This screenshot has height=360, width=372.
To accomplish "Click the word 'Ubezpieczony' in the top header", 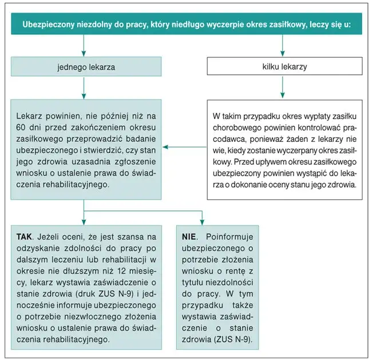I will click(x=48, y=25).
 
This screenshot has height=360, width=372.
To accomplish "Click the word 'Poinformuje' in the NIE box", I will click(x=228, y=236).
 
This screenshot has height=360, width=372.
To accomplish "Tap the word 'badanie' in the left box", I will click(x=141, y=137).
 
